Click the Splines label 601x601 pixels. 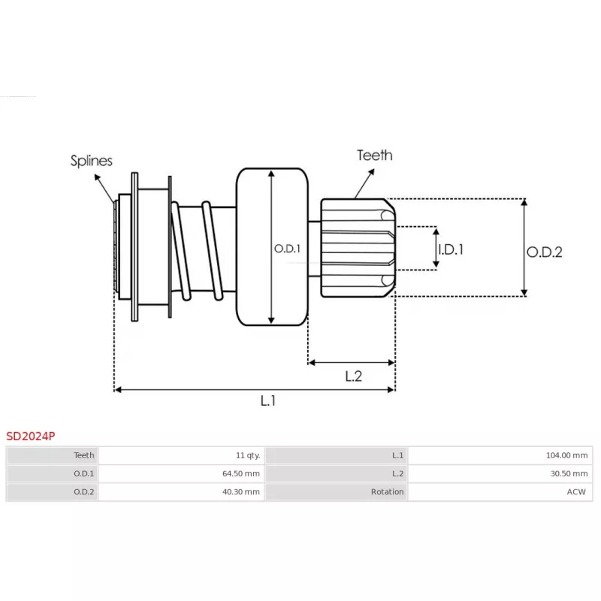point(91,161)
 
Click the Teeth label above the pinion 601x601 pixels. point(374,156)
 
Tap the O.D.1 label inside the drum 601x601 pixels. point(287,249)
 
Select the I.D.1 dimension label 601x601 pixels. point(451,249)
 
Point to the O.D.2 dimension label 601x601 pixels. point(544,252)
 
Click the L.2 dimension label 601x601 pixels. point(353,376)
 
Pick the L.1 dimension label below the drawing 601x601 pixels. point(268,400)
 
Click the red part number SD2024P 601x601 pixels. point(31,436)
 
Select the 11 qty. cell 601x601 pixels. point(248,455)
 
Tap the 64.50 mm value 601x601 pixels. point(240,473)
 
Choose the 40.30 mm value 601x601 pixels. point(240,492)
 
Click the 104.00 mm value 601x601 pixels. point(566,455)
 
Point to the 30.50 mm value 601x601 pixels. point(569,473)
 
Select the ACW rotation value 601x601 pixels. point(576,492)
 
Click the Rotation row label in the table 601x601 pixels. point(387,492)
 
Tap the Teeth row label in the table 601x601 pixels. point(83,455)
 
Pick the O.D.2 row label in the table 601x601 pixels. point(83,492)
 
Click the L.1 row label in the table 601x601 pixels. point(397,455)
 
